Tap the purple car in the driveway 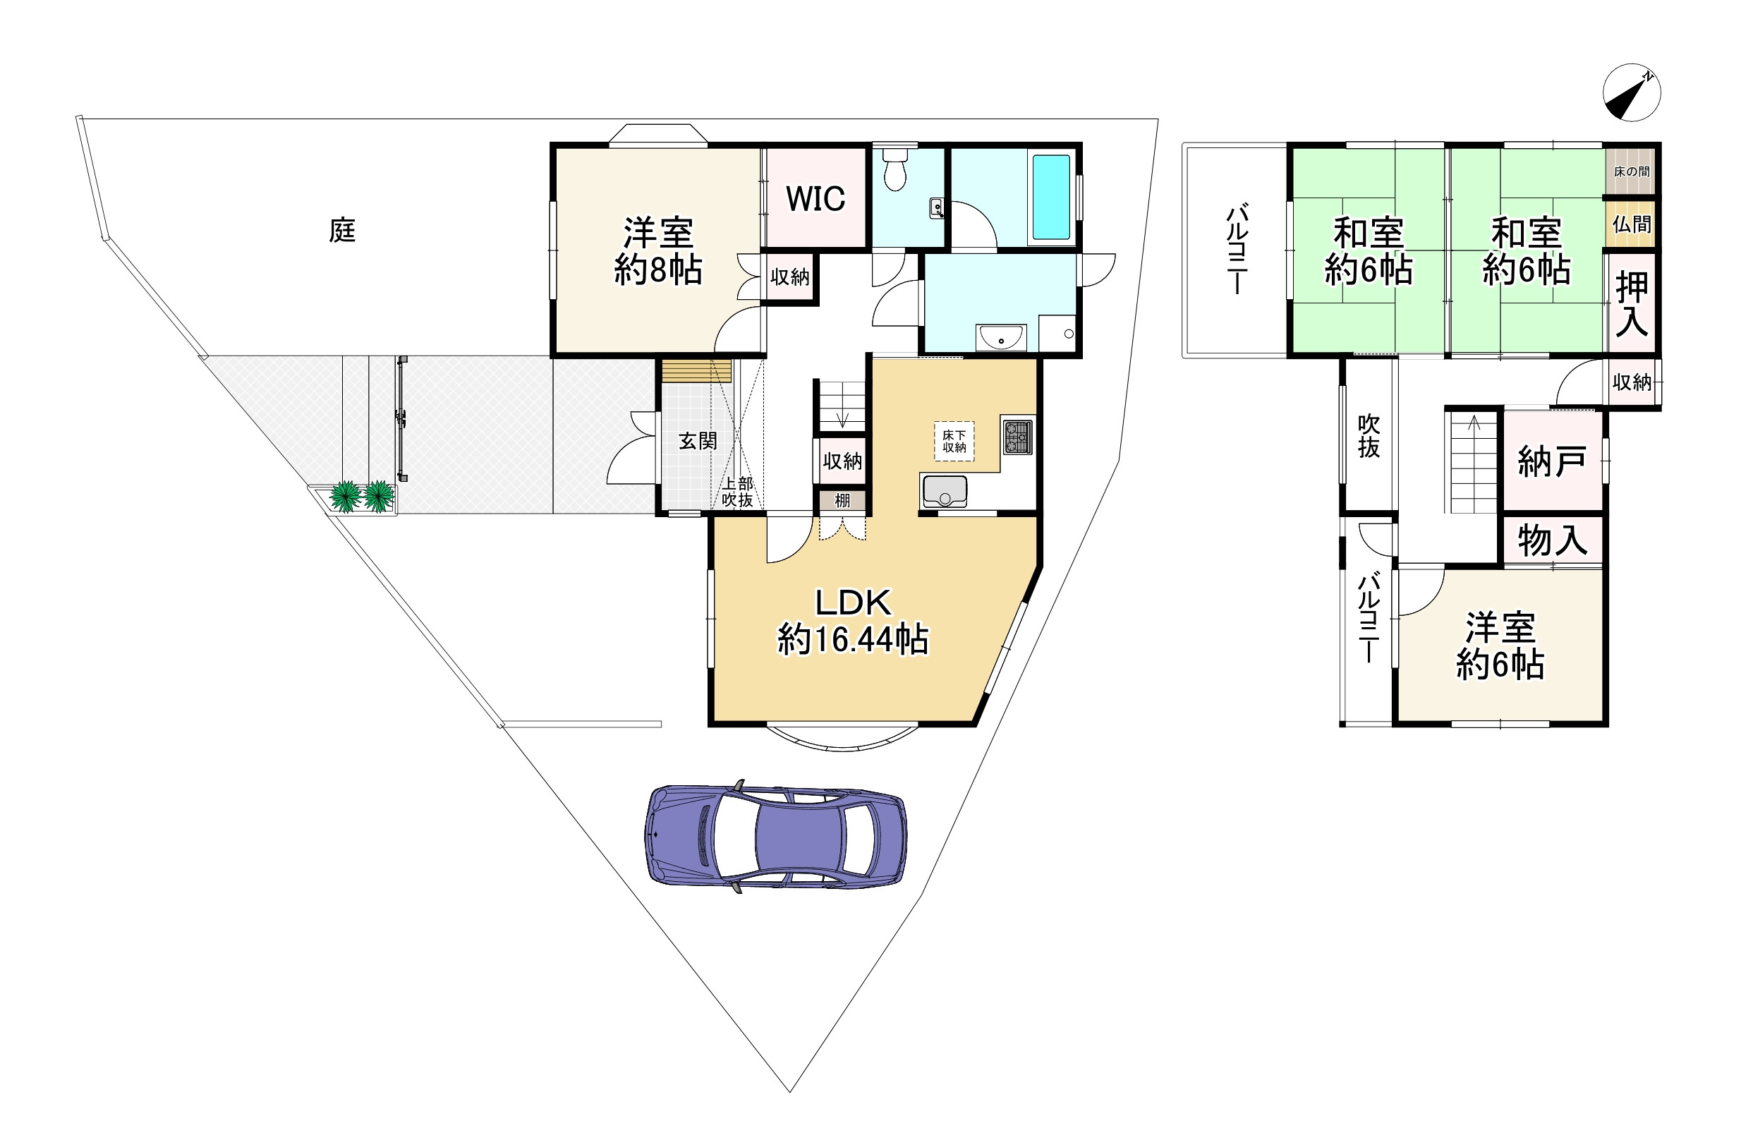(x=775, y=836)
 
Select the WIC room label (x=815, y=198)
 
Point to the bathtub (x=1051, y=197)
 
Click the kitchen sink (x=945, y=492)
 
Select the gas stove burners (x=1017, y=436)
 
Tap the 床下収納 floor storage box (x=954, y=442)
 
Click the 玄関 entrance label (x=698, y=441)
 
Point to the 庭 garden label (x=343, y=231)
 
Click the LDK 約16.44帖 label (x=853, y=621)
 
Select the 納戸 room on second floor (x=1552, y=461)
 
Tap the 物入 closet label (x=1552, y=540)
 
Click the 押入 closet (x=1632, y=303)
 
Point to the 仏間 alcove (x=1632, y=223)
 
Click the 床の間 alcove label (x=1632, y=171)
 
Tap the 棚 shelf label (x=842, y=500)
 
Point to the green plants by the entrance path (x=362, y=496)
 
